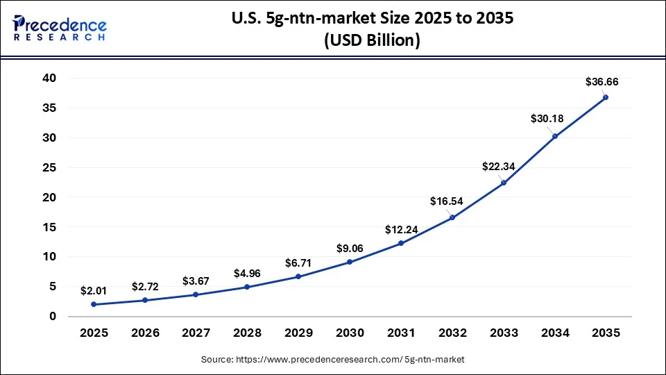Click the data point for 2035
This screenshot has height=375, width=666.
(x=606, y=97)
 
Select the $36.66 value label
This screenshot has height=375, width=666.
(x=601, y=81)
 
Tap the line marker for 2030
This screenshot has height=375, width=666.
(x=350, y=262)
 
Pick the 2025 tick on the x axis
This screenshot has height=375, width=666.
(x=94, y=333)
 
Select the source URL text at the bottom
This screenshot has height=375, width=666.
(x=333, y=359)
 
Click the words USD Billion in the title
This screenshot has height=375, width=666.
(x=372, y=40)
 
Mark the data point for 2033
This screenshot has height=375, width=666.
(x=504, y=183)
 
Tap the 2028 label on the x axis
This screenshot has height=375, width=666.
(x=247, y=333)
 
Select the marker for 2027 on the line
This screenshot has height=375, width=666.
(x=196, y=294)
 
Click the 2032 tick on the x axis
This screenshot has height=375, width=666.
(x=452, y=333)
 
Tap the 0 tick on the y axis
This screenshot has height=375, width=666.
(x=52, y=316)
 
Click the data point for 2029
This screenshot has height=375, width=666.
(x=298, y=276)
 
